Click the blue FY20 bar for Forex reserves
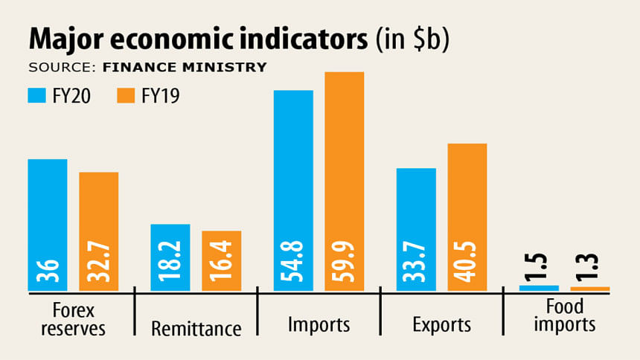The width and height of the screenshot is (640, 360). pos(48,223)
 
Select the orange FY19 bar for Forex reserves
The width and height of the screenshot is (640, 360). pos(99,231)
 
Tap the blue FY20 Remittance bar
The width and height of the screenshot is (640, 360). pos(170,257)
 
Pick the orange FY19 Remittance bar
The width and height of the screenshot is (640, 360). pos(221,260)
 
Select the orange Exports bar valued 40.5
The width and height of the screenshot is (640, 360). pos(467,216)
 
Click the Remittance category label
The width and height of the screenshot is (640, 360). pos(196,327)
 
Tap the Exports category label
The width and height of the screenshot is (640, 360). pos(441,325)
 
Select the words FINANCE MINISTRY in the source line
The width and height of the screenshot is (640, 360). pos(184,68)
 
